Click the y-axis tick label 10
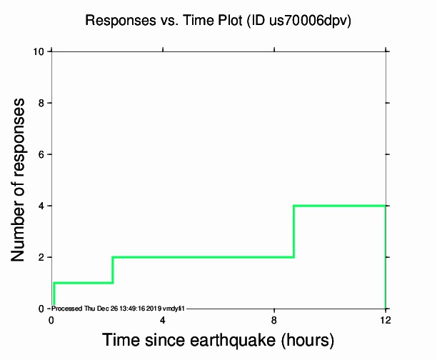coord(41,51)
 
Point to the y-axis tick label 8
coord(43,103)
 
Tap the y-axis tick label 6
coord(43,154)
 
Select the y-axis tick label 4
coord(43,206)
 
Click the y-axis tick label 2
coord(43,257)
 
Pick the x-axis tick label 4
coord(163,320)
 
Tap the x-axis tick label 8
coord(274,320)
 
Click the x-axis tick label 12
coord(386,320)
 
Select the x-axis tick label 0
coord(51,320)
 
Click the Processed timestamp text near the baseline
coord(118,308)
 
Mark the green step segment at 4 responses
coord(339,206)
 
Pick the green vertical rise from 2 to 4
coord(293,231)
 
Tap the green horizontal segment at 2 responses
coord(203,257)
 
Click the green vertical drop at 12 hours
coord(386,257)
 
